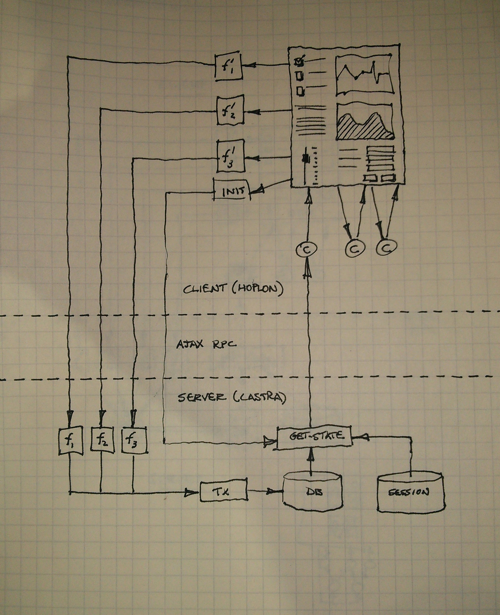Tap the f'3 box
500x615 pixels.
point(230,156)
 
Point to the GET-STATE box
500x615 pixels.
point(314,436)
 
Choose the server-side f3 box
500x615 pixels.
point(134,440)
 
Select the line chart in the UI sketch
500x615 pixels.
point(364,75)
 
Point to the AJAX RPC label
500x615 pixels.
point(206,344)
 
